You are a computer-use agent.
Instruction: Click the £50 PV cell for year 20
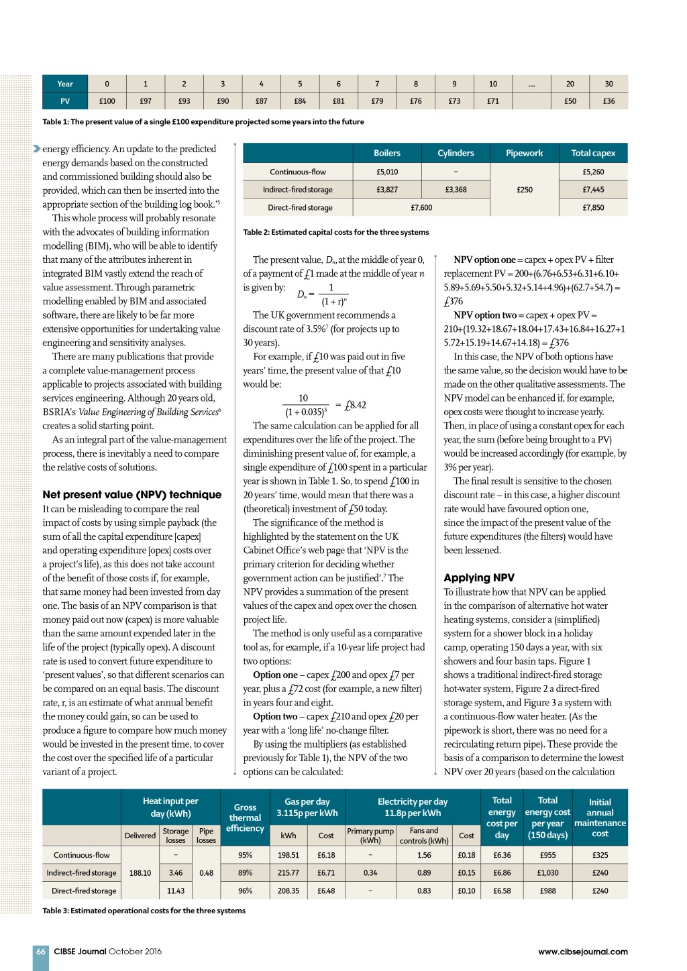click(570, 101)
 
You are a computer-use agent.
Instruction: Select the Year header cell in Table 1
click(65, 84)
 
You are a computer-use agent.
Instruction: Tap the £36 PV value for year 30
click(609, 101)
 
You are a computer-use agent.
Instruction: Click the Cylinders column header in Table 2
click(456, 153)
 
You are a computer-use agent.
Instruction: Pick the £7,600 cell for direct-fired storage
click(421, 208)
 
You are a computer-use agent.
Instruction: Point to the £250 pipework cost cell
click(525, 190)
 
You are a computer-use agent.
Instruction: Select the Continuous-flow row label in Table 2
click(298, 172)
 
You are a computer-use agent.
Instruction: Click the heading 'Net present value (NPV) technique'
click(131, 495)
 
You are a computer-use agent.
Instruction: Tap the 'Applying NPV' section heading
click(479, 578)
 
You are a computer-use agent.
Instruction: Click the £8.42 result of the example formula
click(355, 405)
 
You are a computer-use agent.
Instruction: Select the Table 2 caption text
click(335, 233)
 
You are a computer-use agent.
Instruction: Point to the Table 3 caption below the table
click(144, 911)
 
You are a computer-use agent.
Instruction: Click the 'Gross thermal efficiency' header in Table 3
click(245, 817)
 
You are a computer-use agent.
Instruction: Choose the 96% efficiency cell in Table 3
click(245, 891)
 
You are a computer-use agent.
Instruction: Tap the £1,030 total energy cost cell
click(547, 873)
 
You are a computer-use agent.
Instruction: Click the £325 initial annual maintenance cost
click(600, 855)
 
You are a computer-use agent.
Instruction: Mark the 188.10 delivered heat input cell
click(140, 873)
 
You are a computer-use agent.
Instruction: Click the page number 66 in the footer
click(41, 952)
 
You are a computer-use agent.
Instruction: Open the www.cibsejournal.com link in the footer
click(582, 952)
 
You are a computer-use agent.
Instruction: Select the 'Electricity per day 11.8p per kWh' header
click(413, 807)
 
